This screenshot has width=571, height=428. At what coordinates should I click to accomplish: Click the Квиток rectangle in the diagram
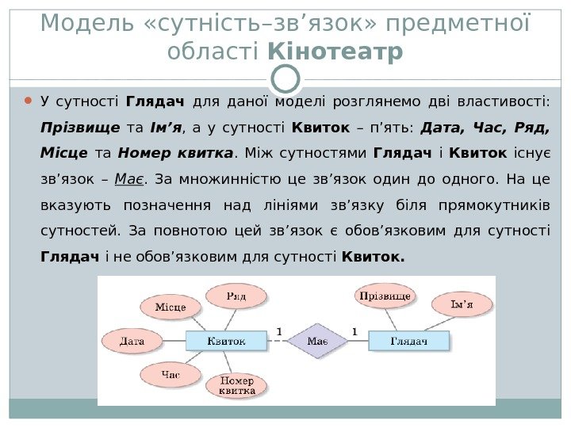tap(226, 341)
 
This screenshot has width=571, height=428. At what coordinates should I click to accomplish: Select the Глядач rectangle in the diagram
tap(408, 341)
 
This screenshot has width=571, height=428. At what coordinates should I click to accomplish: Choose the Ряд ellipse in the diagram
tap(236, 296)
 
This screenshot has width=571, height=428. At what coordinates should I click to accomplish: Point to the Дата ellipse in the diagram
tap(132, 342)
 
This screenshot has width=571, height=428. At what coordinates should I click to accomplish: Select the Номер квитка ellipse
tap(237, 386)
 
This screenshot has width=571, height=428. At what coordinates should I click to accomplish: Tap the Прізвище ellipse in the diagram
tap(385, 296)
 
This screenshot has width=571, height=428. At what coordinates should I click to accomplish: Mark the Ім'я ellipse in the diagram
tap(462, 304)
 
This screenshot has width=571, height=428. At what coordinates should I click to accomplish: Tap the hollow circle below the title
tap(285, 78)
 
